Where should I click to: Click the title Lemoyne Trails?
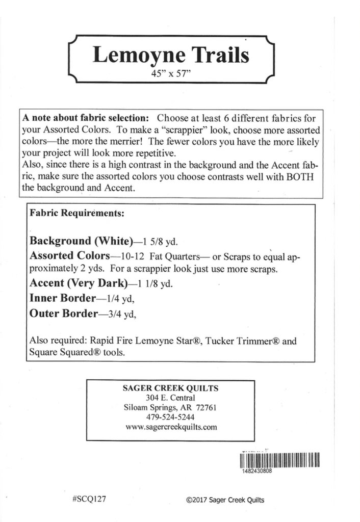171,55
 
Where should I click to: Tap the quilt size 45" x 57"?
171,73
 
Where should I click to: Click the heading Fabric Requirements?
77,214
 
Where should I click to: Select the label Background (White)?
82,241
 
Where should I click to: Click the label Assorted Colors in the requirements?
70,255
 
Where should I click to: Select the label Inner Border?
63,298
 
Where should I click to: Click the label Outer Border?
63,314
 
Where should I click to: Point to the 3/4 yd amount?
121,315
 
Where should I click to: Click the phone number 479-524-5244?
171,417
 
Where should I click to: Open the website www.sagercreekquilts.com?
171,427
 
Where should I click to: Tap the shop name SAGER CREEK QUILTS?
171,388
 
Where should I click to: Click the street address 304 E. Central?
171,398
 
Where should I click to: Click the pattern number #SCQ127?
89,499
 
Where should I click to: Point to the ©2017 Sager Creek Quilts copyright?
225,500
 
